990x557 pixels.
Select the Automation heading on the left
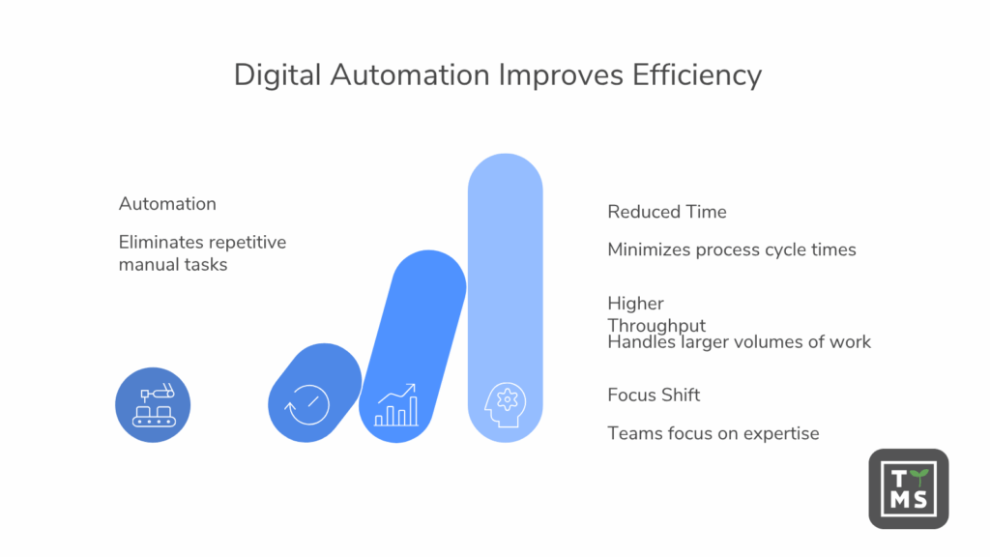pos(167,204)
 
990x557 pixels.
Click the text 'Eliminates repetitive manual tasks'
pos(202,252)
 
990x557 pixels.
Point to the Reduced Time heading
pos(666,212)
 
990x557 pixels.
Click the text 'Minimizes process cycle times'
pos(731,249)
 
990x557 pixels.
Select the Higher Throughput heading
pos(655,314)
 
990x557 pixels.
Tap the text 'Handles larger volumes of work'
pos(739,341)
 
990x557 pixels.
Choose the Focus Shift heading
pos(654,395)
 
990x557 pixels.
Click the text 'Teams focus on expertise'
pos(713,433)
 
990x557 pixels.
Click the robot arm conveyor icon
pos(153,404)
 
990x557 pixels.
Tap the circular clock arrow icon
pos(306,404)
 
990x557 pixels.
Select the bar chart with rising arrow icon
pos(396,405)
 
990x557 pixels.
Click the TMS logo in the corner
pos(908,488)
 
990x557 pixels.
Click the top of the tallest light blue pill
pos(505,169)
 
